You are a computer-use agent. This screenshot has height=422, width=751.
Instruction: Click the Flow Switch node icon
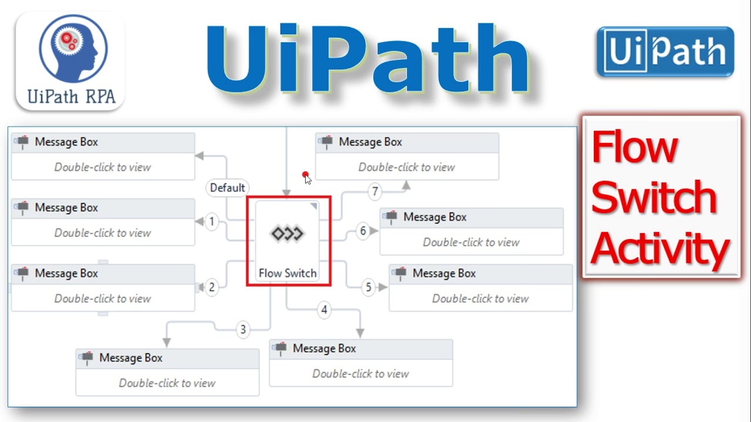287,234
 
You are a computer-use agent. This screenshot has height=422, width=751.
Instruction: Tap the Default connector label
227,188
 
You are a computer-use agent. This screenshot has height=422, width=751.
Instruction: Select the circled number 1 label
212,222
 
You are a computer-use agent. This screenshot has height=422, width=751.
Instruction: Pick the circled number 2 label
212,287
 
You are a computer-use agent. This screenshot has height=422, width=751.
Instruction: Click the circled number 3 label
243,329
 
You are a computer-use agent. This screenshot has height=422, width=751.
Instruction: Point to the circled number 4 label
324,310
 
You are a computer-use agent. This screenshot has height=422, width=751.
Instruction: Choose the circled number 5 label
368,287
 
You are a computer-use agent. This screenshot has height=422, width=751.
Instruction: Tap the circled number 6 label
363,231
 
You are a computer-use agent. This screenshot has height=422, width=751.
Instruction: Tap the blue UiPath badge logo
665,52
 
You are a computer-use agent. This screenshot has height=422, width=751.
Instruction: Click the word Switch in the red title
654,198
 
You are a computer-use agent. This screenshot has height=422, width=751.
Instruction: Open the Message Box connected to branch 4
360,362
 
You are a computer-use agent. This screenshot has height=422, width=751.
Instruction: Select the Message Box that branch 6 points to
471,231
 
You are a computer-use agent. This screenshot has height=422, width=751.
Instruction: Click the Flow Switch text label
287,273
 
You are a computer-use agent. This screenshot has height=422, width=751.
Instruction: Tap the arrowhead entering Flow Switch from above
286,193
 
